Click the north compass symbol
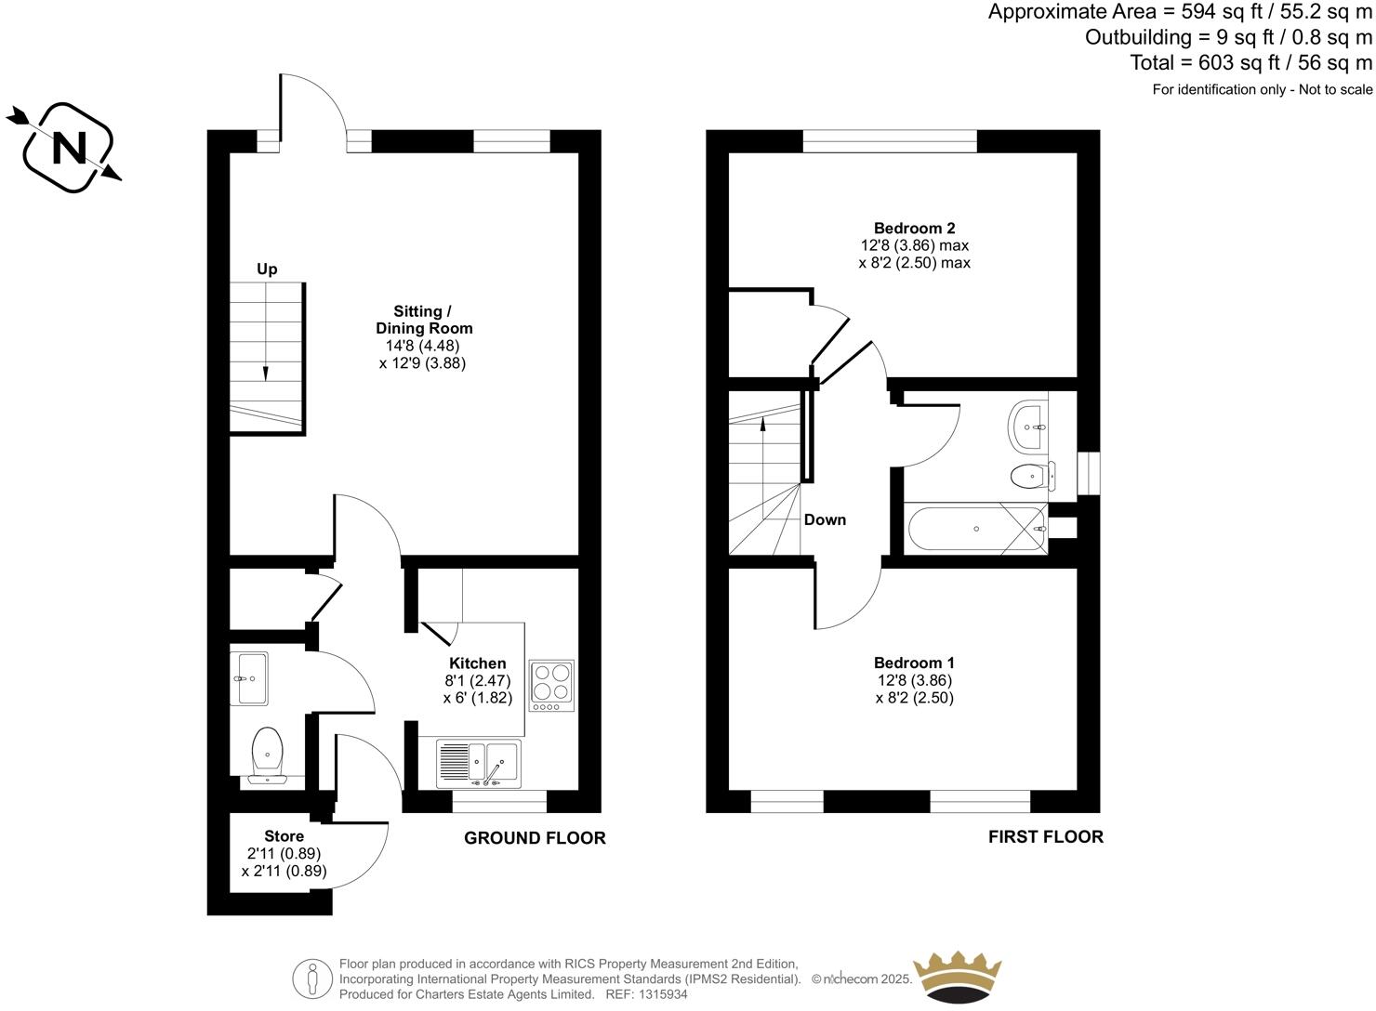(67, 148)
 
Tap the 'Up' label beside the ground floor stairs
(267, 269)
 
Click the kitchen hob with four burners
(551, 686)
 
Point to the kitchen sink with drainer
(479, 764)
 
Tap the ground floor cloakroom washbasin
(250, 678)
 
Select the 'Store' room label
(284, 836)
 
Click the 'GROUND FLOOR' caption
(535, 838)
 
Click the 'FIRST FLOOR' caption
(1045, 836)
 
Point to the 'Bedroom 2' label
(914, 229)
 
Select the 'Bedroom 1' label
(914, 663)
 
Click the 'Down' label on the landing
(825, 520)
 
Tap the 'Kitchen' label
(477, 663)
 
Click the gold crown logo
(957, 977)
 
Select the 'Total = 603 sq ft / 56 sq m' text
(1250, 63)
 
